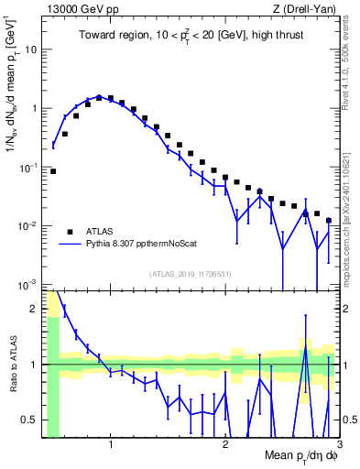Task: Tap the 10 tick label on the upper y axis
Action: coord(31,49)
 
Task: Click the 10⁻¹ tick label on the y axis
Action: coord(28,167)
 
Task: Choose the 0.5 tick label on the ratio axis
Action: coord(29,420)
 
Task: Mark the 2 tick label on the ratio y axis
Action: coord(34,309)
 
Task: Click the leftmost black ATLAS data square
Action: coord(53,171)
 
